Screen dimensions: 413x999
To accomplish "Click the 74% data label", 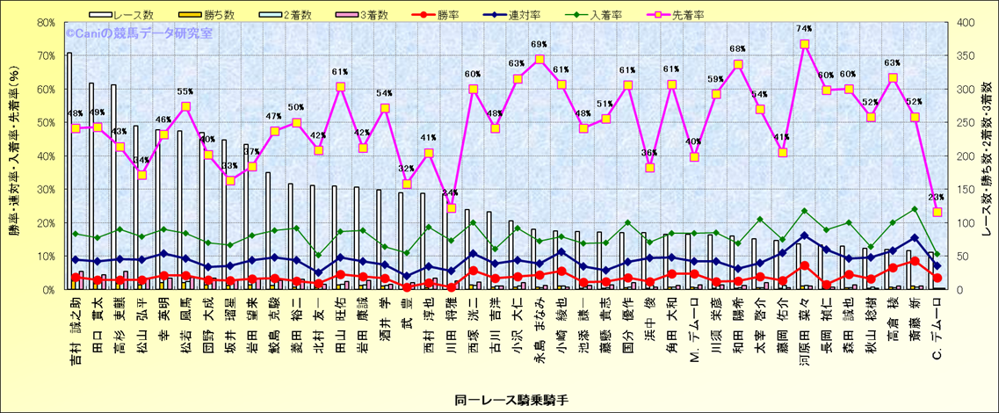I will tap(804, 29).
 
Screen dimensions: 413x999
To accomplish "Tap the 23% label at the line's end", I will tap(936, 198).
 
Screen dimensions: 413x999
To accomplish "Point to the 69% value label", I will tap(539, 45).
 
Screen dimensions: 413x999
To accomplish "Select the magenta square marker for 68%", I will tap(738, 64).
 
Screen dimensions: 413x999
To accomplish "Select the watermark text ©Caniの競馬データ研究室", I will tap(139, 33).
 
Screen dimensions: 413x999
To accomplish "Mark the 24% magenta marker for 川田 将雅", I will tap(451, 208).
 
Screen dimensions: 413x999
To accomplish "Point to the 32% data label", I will tap(406, 169).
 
